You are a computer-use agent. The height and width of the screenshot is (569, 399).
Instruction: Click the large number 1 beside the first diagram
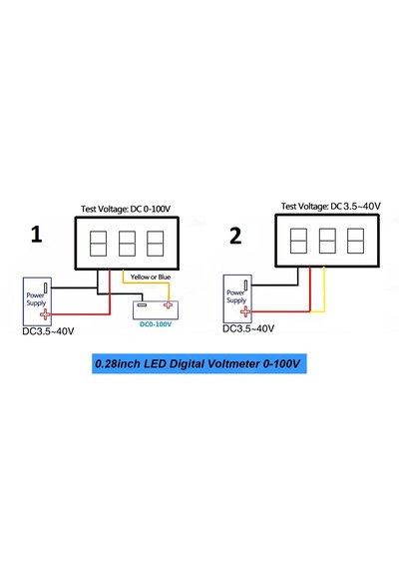36,235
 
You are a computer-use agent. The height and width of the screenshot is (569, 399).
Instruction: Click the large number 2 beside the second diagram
235,236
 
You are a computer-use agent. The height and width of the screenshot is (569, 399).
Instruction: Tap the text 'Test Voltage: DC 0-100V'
126,210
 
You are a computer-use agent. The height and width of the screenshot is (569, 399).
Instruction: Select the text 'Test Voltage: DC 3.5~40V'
331,207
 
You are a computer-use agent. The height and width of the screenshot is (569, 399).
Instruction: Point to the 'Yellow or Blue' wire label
151,277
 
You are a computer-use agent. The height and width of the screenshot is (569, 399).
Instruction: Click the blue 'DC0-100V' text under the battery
156,324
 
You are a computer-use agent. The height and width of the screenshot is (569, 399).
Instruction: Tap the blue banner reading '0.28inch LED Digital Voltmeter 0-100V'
199,363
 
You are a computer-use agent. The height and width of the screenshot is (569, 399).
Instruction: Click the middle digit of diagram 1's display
127,244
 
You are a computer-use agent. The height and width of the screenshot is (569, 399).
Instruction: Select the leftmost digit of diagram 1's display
98,244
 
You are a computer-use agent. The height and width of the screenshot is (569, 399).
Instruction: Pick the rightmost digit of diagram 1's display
155,244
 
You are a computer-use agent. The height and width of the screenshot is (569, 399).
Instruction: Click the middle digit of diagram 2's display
327,241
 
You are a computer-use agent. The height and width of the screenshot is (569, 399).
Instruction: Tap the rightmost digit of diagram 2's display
355,241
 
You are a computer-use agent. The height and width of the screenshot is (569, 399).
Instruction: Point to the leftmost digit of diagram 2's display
298,241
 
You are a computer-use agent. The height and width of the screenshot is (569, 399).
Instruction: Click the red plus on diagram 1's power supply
45,314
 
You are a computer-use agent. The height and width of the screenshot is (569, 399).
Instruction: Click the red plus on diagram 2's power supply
245,311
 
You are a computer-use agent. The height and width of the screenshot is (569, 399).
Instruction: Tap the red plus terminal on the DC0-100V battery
168,304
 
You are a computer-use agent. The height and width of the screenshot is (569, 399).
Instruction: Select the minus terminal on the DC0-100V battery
143,304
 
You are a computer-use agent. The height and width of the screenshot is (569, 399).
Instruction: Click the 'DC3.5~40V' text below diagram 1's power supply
48,331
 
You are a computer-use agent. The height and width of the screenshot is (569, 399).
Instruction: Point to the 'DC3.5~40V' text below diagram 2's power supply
248,328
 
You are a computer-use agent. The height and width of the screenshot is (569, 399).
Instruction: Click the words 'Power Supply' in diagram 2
236,296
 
